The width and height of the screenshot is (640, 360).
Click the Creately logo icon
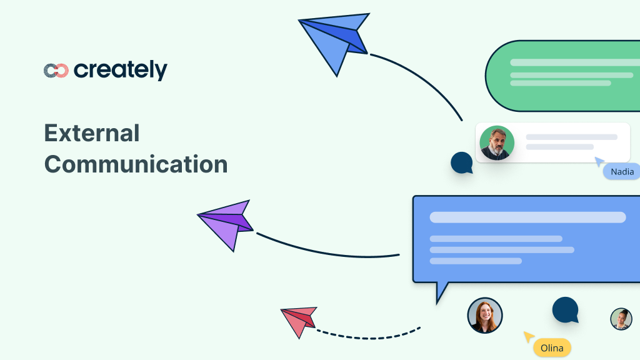coord(56,71)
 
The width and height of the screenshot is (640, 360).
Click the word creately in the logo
coord(121,70)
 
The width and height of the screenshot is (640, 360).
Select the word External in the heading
coord(92,133)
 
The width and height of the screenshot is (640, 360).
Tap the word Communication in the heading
coord(136,164)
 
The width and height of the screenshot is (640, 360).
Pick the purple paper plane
coord(228,222)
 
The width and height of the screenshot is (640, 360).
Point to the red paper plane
coord(300,319)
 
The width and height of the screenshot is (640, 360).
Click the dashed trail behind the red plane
coord(369,334)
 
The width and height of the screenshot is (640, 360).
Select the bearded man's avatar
coord(497,143)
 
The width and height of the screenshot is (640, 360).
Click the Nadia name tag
coord(622,171)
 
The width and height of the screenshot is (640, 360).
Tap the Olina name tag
coord(552,348)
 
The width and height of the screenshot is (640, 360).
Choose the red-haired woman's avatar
coord(485,315)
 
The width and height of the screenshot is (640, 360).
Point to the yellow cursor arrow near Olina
coord(529,337)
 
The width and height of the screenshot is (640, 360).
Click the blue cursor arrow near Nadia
coord(599,162)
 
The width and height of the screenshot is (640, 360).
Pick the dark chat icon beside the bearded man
coord(462,162)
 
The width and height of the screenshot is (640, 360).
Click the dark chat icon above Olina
coord(565,310)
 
